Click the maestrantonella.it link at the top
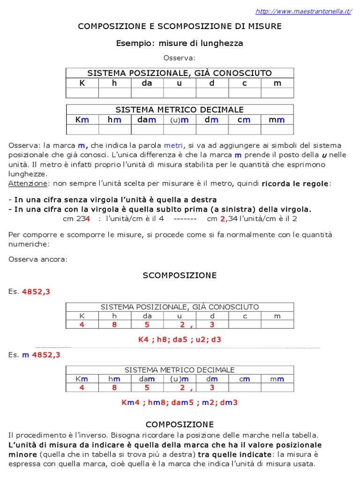pyautogui.click(x=303, y=11)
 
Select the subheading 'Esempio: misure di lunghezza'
pyautogui.click(x=180, y=43)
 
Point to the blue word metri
pyautogui.click(x=174, y=145)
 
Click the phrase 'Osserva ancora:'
pyautogui.click(x=38, y=259)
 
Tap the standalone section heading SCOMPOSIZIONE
pyautogui.click(x=180, y=276)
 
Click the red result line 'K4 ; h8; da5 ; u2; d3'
pyautogui.click(x=180, y=339)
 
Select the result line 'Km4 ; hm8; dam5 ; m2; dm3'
pyautogui.click(x=180, y=402)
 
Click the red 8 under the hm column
pyautogui.click(x=114, y=388)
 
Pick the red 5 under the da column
pyautogui.click(x=147, y=324)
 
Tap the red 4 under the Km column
pyautogui.click(x=82, y=388)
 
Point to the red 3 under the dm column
pyautogui.click(x=212, y=388)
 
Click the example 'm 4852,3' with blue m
pyautogui.click(x=41, y=355)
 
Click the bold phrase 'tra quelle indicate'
pyautogui.click(x=234, y=455)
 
